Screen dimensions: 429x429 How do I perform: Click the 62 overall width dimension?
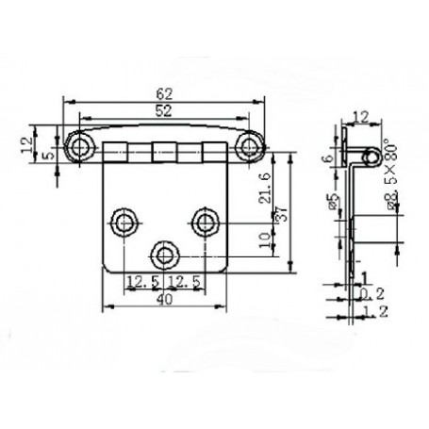tap(164, 92)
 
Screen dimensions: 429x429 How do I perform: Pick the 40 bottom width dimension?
tap(164, 300)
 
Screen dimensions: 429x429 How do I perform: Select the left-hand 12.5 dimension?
tap(142, 281)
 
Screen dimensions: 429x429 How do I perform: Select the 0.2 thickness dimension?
tap(372, 294)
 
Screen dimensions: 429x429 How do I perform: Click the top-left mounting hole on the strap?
tap(78, 145)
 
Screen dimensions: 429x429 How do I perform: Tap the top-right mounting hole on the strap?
tap(250, 145)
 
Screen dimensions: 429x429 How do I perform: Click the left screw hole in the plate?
tap(124, 221)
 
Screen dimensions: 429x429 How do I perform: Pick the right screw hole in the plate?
tap(206, 221)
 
